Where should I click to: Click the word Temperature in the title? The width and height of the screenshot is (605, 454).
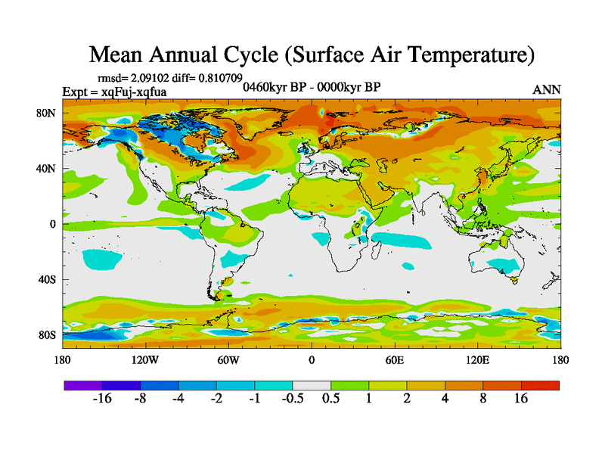tap(456, 55)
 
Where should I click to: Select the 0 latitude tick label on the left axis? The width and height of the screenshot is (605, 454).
tap(52, 224)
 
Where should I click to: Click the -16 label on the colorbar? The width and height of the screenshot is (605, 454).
tap(102, 399)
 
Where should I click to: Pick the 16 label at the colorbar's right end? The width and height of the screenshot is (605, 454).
tap(521, 399)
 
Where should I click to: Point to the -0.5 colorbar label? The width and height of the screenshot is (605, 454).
tap(293, 399)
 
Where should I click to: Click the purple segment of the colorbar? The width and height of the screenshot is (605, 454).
tap(82, 384)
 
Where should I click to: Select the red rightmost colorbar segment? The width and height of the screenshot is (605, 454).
tap(540, 384)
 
